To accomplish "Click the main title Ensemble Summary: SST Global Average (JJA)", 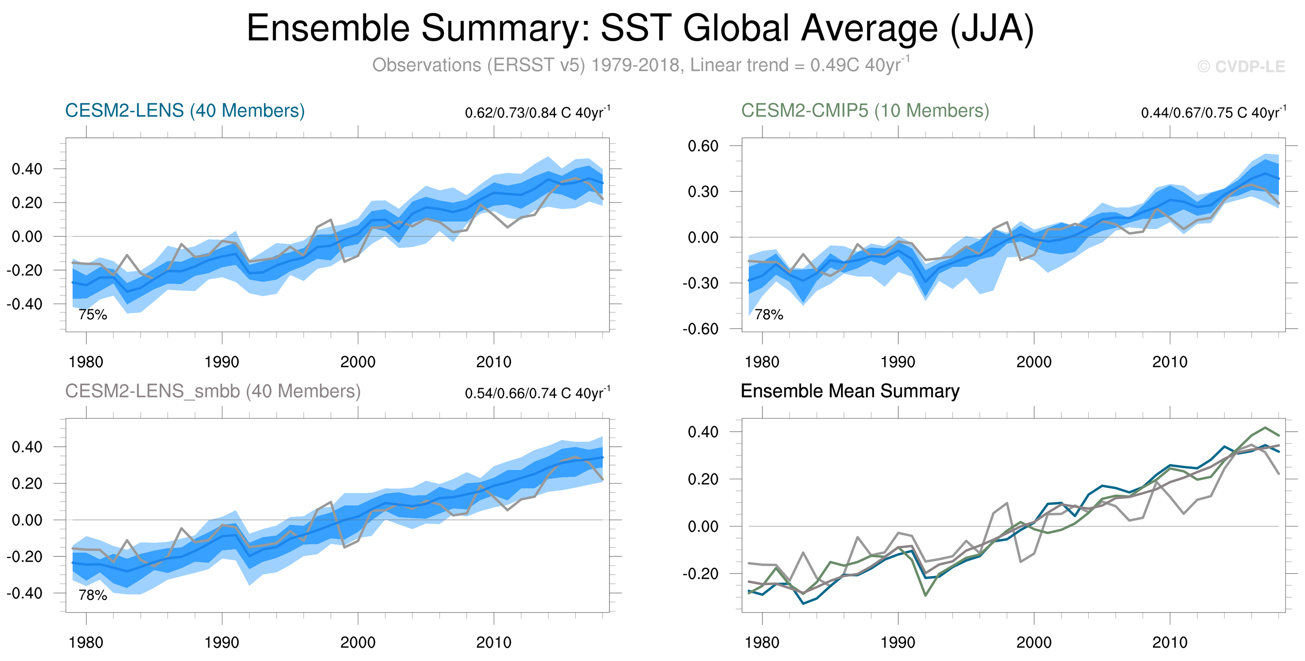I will tap(640, 28).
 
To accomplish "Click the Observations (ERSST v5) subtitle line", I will tap(640, 65).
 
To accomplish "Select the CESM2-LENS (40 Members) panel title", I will tap(185, 111).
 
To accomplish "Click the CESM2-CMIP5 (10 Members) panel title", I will tap(865, 111).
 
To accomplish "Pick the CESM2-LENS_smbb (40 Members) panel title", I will tap(213, 391).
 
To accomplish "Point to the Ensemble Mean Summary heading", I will tap(849, 391).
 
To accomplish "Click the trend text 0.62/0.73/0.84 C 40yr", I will tap(537, 113).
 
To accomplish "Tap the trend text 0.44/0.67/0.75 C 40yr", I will tap(1213, 113).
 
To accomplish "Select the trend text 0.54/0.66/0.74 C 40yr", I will tap(537, 393).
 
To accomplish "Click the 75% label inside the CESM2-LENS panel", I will tap(93, 314).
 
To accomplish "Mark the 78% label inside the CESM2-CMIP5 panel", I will tap(768, 314).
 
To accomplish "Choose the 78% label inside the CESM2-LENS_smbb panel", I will tap(93, 595).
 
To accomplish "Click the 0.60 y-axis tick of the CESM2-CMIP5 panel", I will tap(703, 146).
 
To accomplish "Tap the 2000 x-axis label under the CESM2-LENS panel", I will tap(358, 362).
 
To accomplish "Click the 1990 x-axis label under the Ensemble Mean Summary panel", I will tap(898, 642).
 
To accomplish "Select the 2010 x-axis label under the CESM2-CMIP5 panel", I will tap(1170, 362).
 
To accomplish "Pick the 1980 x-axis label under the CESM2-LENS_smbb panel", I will tap(86, 642).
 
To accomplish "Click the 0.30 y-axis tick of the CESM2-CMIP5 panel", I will tap(703, 191).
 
